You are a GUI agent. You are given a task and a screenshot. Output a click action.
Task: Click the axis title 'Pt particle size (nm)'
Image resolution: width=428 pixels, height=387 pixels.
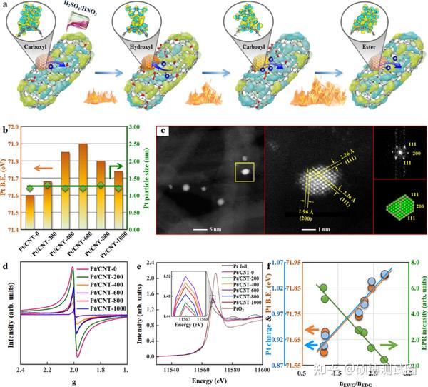pyautogui.click(x=148, y=178)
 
